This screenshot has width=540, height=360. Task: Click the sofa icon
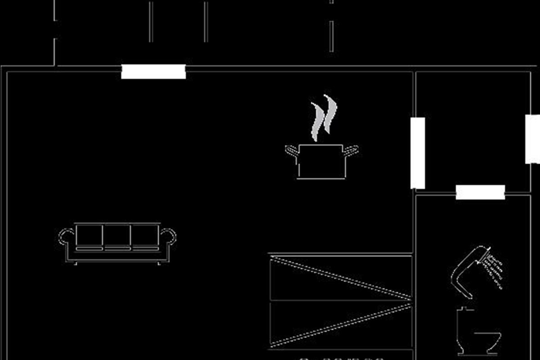[117, 243]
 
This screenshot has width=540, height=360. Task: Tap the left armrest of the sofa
[66, 237]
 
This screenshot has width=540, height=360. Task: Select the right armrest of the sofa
[168, 237]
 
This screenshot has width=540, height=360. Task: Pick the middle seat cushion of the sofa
[117, 236]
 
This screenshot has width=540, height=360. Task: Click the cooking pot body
[321, 162]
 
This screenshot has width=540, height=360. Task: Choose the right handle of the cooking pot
[351, 150]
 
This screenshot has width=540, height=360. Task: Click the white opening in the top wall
[153, 72]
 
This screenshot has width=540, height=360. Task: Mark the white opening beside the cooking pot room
[418, 153]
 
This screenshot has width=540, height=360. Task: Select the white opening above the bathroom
[480, 192]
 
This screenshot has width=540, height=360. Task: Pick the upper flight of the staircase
[341, 277]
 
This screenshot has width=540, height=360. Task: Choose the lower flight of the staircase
[341, 324]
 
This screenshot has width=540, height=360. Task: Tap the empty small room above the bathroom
[472, 130]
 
